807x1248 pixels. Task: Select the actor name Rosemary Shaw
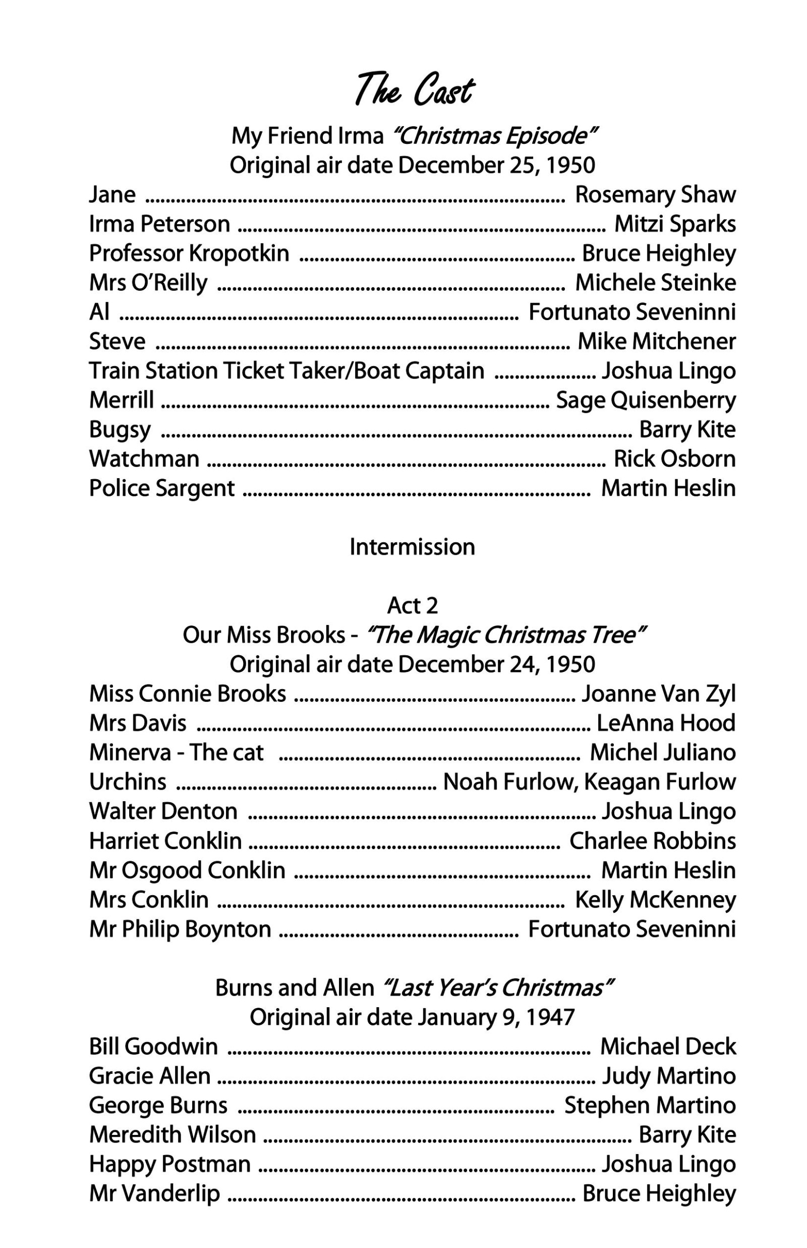pyautogui.click(x=655, y=194)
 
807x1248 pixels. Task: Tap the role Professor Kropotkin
pyautogui.click(x=189, y=253)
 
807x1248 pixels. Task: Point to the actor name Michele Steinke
pyautogui.click(x=655, y=283)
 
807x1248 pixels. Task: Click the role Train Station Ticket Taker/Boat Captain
pyautogui.click(x=286, y=371)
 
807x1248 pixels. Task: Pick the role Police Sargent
pyautogui.click(x=161, y=488)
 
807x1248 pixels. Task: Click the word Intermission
pyautogui.click(x=412, y=547)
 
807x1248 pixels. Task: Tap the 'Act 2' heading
pyautogui.click(x=412, y=606)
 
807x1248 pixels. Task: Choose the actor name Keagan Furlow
pyautogui.click(x=660, y=782)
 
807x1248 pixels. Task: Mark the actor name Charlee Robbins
pyautogui.click(x=653, y=841)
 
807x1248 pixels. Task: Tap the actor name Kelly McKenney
pyautogui.click(x=655, y=899)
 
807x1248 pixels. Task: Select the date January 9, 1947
pyautogui.click(x=496, y=1017)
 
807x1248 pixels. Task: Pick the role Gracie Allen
pyautogui.click(x=149, y=1076)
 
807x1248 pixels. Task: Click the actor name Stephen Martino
pyautogui.click(x=650, y=1105)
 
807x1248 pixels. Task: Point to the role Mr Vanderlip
pyautogui.click(x=154, y=1193)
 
